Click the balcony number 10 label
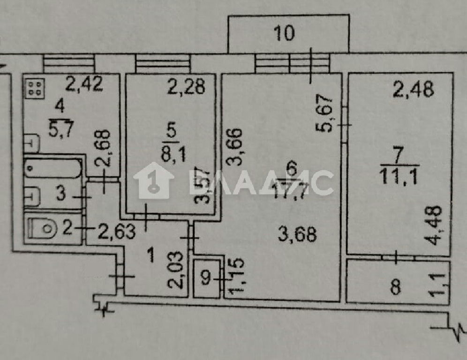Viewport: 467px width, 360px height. (x=285, y=33)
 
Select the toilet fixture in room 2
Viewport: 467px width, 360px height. (x=43, y=229)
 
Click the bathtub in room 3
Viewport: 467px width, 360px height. (x=53, y=169)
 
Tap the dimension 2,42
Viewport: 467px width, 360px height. (x=84, y=84)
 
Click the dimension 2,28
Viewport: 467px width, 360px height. (x=187, y=87)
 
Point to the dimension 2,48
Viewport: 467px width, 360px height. (x=413, y=89)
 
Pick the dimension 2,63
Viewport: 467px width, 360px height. (x=117, y=231)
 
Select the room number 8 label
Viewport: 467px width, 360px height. (x=395, y=288)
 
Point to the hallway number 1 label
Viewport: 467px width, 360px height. (x=151, y=255)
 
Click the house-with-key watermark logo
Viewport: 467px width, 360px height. (x=154, y=180)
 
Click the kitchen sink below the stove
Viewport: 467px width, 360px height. (x=31, y=143)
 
